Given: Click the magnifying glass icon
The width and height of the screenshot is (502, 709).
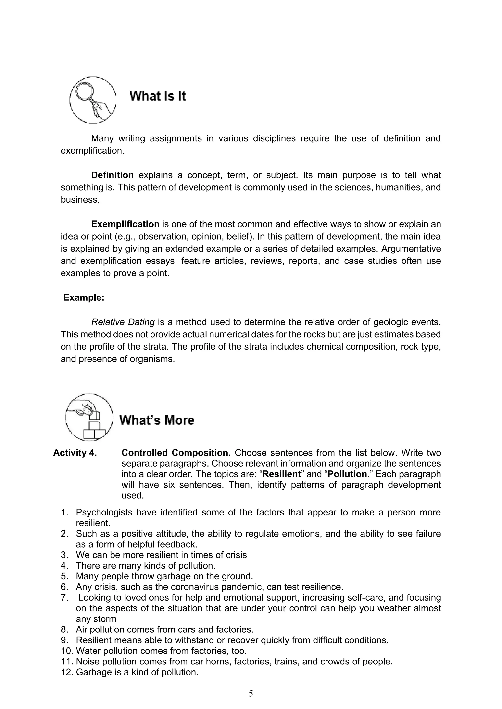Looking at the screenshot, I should (x=93, y=100).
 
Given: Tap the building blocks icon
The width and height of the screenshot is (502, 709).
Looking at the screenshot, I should (x=89, y=417).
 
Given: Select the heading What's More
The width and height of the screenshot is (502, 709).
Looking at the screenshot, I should (x=157, y=420).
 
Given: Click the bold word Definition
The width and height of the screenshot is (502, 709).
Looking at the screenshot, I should (x=112, y=175).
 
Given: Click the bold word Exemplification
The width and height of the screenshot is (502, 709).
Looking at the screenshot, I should (x=125, y=224).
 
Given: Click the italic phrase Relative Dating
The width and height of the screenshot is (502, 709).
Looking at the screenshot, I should (x=123, y=322).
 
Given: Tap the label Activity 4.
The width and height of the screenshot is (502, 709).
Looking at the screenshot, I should (x=75, y=453).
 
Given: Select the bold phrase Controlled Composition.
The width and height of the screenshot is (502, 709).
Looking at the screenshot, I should (x=176, y=453).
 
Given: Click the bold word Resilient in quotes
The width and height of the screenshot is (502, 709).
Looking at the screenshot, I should (x=281, y=474).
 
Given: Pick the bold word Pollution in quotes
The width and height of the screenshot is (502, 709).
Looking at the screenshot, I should (x=347, y=474).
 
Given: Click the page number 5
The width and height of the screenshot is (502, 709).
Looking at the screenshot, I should (x=251, y=694).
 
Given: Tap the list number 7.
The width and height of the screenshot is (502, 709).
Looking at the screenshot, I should (x=64, y=597).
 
